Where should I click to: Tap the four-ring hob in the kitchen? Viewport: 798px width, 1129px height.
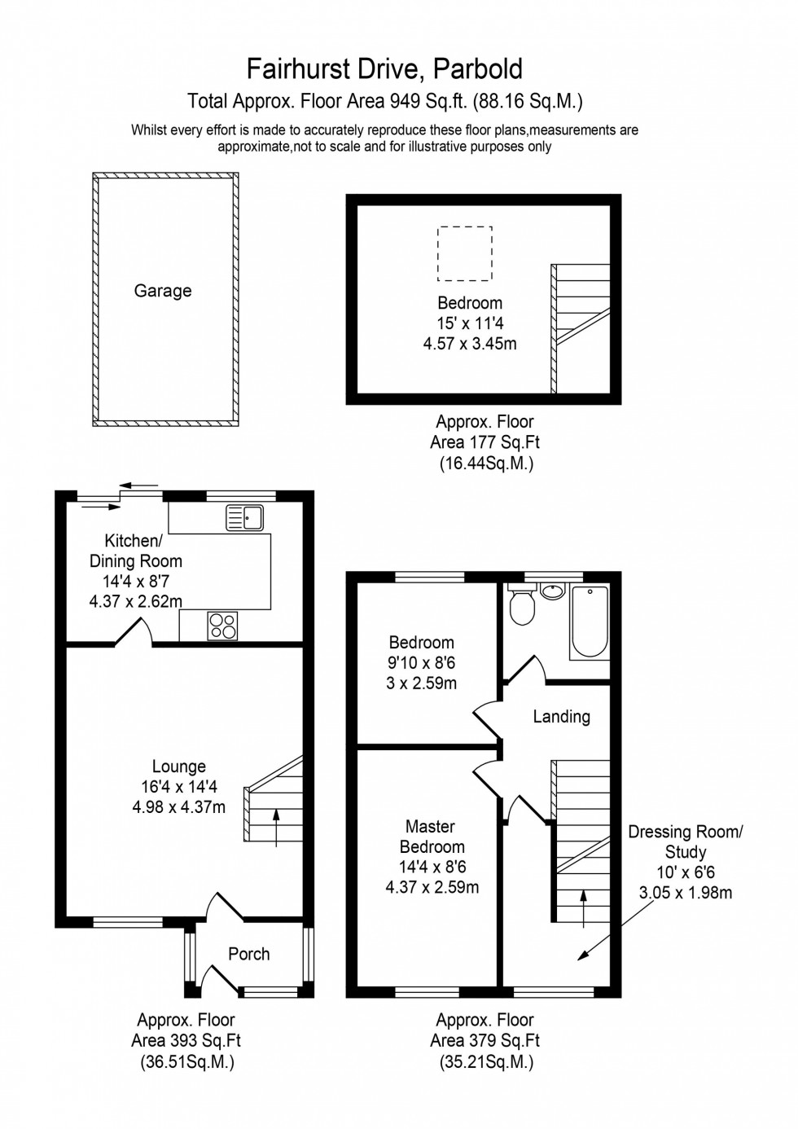[x=222, y=626]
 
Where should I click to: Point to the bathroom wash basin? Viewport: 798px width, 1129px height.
[x=552, y=591]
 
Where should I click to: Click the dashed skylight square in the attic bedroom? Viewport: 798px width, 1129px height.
[x=465, y=253]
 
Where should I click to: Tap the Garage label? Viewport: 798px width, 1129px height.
[x=163, y=291]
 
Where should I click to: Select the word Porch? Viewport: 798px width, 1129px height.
[x=248, y=954]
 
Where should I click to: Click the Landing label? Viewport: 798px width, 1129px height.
[x=561, y=717]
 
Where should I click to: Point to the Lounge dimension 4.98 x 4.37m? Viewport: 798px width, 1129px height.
[x=179, y=807]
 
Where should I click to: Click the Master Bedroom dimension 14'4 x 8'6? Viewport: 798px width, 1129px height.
[x=432, y=868]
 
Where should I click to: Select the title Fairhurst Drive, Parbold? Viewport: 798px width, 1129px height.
[x=384, y=70]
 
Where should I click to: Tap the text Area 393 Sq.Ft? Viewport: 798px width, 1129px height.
[x=186, y=1040]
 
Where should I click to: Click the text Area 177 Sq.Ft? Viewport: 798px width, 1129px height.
[x=484, y=443]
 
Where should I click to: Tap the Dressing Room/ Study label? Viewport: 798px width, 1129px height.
[x=685, y=841]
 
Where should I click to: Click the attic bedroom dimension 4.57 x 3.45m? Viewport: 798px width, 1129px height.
[x=470, y=344]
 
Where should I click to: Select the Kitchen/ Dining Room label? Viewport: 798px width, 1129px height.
[x=135, y=551]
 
